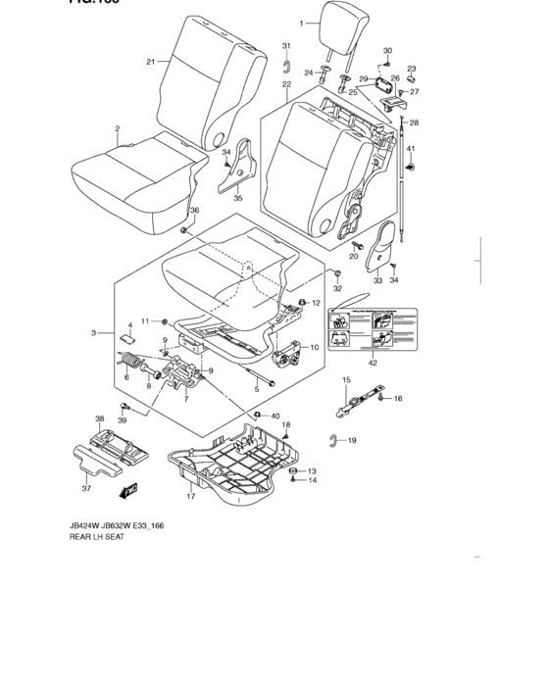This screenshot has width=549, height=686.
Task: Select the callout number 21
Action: pyautogui.click(x=151, y=62)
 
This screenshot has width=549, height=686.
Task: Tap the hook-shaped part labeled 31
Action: pyautogui.click(x=285, y=66)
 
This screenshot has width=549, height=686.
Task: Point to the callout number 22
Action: pyautogui.click(x=286, y=85)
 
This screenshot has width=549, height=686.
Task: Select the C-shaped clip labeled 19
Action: pyautogui.click(x=335, y=439)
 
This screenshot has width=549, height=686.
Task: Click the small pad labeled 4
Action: pyautogui.click(x=127, y=339)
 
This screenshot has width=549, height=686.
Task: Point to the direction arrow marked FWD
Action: pyautogui.click(x=128, y=486)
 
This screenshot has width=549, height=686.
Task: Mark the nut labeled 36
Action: pyautogui.click(x=184, y=228)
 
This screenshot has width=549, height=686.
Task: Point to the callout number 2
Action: pyautogui.click(x=117, y=128)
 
